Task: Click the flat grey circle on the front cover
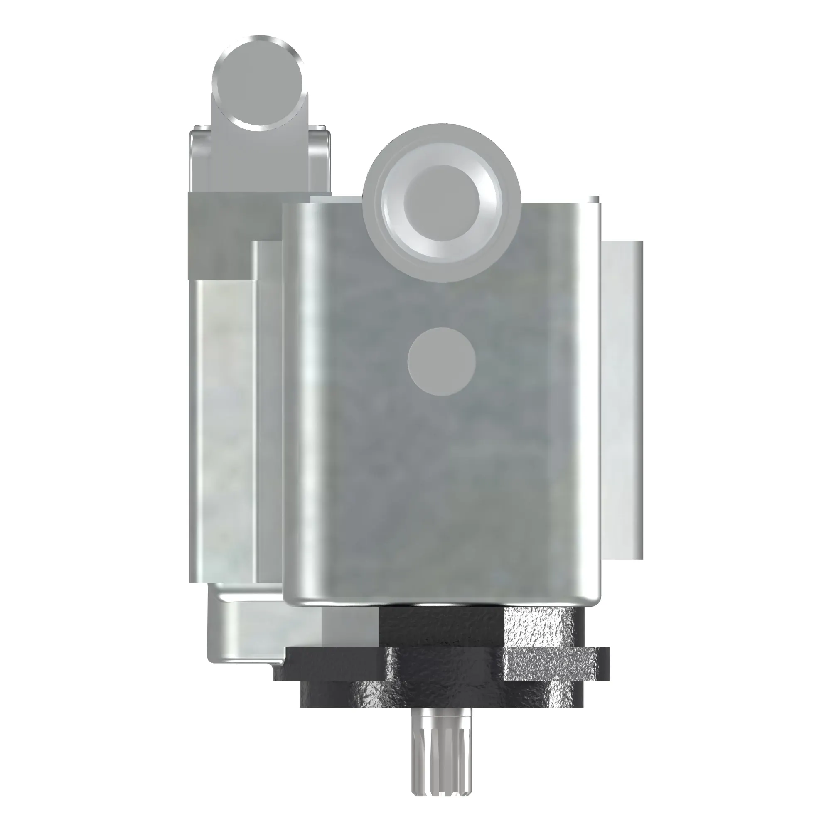[x=441, y=361]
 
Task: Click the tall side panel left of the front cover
[x=224, y=430]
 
